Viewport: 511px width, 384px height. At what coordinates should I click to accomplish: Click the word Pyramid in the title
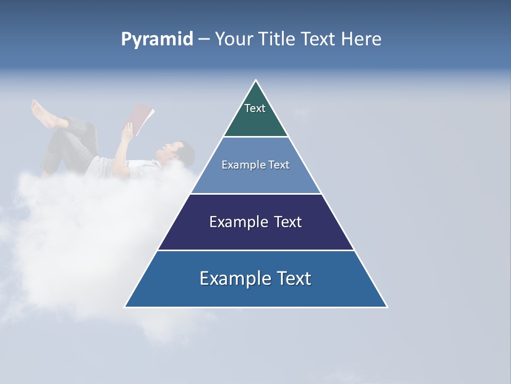157,39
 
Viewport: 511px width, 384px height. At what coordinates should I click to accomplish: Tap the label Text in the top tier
254,108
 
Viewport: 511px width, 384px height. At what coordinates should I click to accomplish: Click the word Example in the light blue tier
240,165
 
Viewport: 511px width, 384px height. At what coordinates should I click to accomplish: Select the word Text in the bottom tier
292,278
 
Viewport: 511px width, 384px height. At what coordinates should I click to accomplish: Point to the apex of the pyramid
256,81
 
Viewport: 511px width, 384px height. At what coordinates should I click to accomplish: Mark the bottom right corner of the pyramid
387,307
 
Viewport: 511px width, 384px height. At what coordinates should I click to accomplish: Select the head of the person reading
182,153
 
